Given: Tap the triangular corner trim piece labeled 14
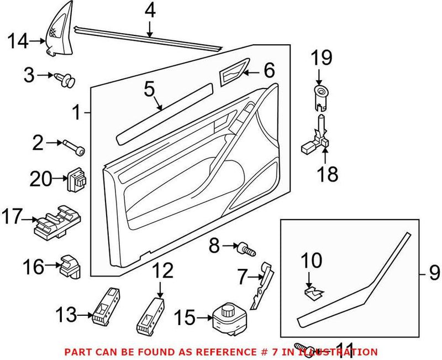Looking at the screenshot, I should (57, 34).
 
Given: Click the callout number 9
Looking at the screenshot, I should (434, 272).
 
